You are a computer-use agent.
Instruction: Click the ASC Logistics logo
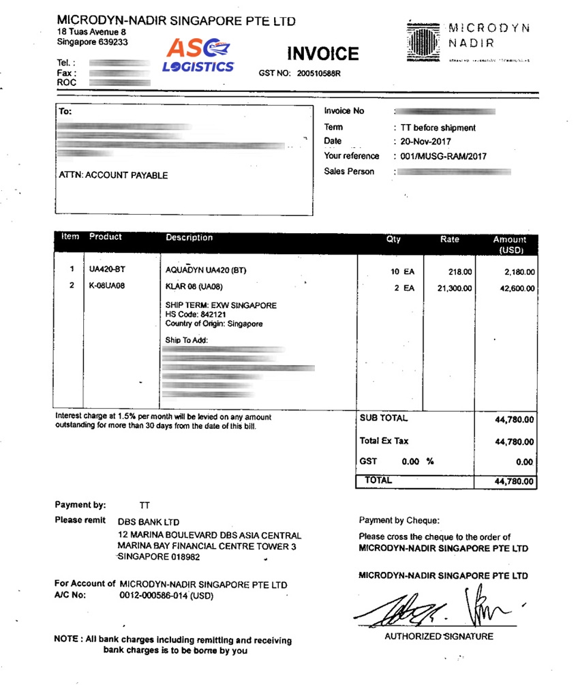198,55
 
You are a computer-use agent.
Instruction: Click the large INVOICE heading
322,54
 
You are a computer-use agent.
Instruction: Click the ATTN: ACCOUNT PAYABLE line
113,175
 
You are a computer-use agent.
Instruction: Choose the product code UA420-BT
107,271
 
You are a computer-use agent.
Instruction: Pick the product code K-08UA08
107,287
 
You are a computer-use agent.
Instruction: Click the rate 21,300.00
455,289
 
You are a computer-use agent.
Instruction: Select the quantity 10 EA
402,271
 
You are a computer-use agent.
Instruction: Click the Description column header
189,238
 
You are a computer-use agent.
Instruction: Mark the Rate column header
450,239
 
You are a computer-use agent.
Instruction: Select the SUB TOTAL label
383,418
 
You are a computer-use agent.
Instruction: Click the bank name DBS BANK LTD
149,521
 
